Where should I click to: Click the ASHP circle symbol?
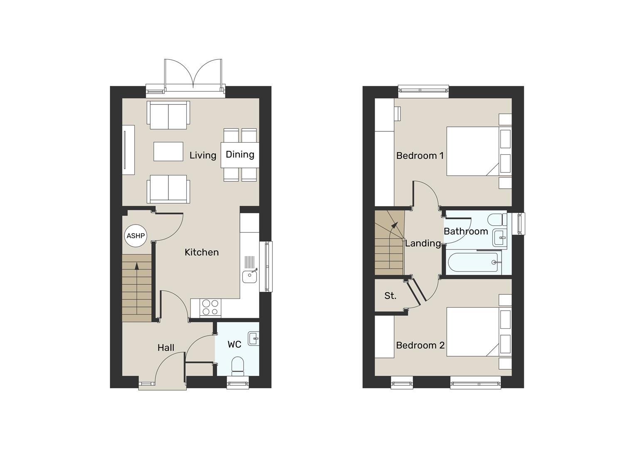pos(136,236)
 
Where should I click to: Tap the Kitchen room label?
pos(202,252)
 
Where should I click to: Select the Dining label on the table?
pos(240,154)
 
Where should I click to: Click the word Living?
pos(203,155)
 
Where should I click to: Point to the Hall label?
pos(166,348)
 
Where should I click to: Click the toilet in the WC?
pos(237,365)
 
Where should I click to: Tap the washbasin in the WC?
pos(253,338)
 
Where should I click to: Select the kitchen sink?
pos(250,276)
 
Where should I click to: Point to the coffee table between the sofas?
pos(168,151)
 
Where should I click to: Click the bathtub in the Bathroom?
pos(473,262)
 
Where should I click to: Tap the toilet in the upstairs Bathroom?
pos(496,219)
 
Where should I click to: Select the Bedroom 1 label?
pos(420,155)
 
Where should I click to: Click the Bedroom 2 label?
pos(420,345)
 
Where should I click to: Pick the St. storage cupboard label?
pos(390,296)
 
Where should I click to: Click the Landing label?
pos(423,243)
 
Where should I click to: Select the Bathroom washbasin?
pos(499,238)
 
